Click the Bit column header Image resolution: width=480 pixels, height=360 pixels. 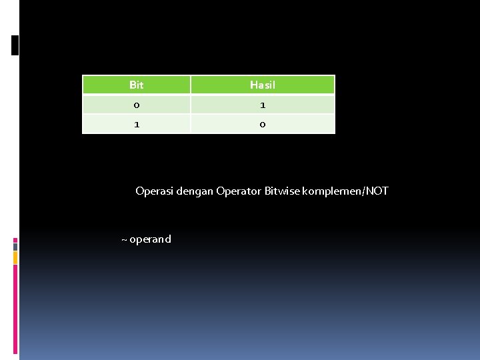(x=136, y=85)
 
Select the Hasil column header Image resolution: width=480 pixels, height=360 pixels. (x=262, y=85)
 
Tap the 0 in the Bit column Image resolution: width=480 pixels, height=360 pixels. (x=136, y=105)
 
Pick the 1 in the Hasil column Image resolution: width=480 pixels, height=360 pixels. (x=262, y=105)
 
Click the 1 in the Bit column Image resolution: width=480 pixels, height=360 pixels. (x=136, y=124)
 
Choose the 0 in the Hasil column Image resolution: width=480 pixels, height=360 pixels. (x=262, y=124)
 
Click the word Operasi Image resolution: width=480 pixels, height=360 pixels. (x=153, y=191)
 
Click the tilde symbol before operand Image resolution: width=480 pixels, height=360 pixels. (x=124, y=239)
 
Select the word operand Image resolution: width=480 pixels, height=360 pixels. (x=150, y=239)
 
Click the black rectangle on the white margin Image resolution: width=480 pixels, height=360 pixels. (x=15, y=45)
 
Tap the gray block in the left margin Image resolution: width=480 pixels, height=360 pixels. (x=15, y=246)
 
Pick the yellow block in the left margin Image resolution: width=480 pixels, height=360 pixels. (x=15, y=257)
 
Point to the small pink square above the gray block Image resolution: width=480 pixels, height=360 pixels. (x=15, y=239)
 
